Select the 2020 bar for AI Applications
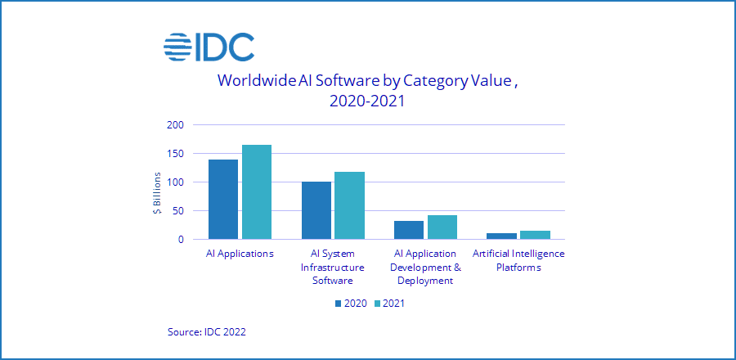pyautogui.click(x=223, y=199)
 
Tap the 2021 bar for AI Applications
pyautogui.click(x=256, y=192)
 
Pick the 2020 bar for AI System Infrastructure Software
pyautogui.click(x=316, y=210)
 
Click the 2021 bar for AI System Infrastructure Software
pyautogui.click(x=349, y=205)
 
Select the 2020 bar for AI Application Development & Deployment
pyautogui.click(x=409, y=230)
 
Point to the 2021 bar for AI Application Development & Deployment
pyautogui.click(x=442, y=227)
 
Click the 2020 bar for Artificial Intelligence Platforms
pyautogui.click(x=502, y=236)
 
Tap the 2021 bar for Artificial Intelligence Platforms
pyautogui.click(x=535, y=235)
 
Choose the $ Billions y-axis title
pyautogui.click(x=157, y=194)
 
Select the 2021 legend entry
pyautogui.click(x=389, y=304)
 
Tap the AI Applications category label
pyautogui.click(x=240, y=254)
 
